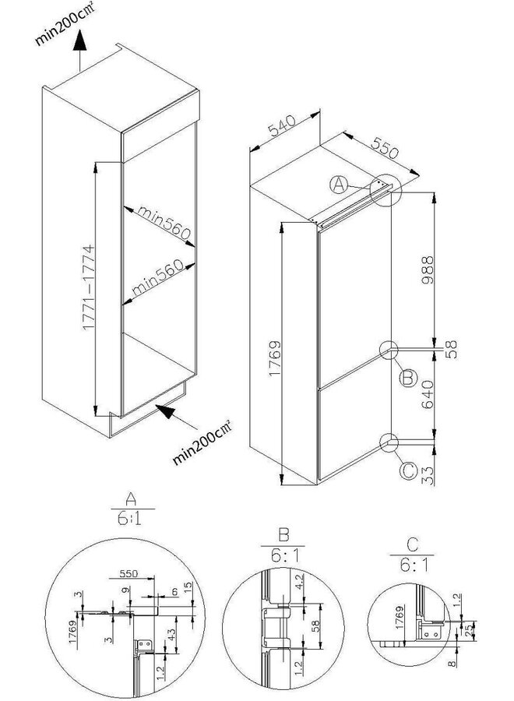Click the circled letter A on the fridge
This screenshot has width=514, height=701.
coord(338,185)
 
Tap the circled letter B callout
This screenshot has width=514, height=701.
coord(405,379)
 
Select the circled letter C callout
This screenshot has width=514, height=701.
coord(406,470)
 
